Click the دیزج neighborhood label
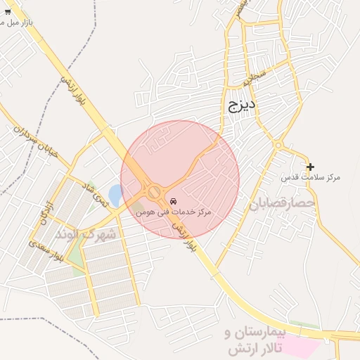[243, 106]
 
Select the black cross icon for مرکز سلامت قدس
[310, 167]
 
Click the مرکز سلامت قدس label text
[310, 177]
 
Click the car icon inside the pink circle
[174, 201]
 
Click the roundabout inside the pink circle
[154, 191]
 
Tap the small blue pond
[115, 193]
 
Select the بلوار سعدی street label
[46, 251]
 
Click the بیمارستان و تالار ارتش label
[259, 340]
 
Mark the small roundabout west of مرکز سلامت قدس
[278, 146]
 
